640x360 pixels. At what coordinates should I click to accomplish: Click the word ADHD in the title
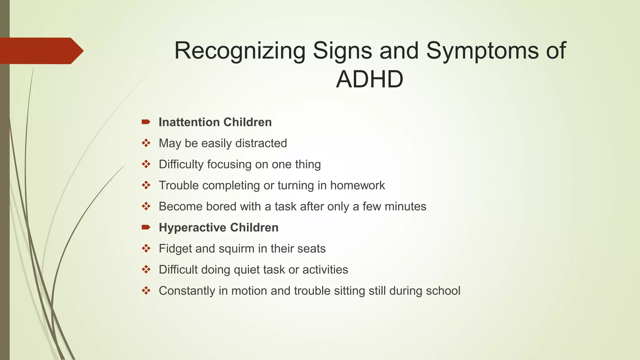pyautogui.click(x=370, y=79)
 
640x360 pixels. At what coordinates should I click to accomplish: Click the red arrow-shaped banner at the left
pyautogui.click(x=41, y=51)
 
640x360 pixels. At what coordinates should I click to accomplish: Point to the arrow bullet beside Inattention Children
pyautogui.click(x=146, y=122)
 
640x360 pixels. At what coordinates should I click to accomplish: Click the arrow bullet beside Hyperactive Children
pyautogui.click(x=146, y=227)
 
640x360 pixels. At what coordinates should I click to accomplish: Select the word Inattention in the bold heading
pyautogui.click(x=188, y=122)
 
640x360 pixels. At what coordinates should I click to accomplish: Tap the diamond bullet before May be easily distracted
pyautogui.click(x=146, y=143)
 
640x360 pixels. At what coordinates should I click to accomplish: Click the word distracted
pyautogui.click(x=261, y=143)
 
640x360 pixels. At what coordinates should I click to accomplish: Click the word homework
pyautogui.click(x=357, y=185)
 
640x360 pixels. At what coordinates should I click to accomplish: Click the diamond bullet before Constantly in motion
pyautogui.click(x=146, y=291)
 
